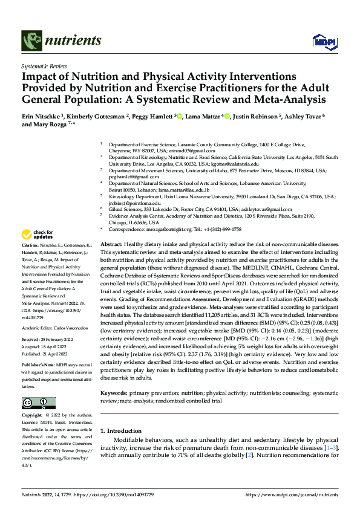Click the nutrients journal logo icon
[x=31, y=41]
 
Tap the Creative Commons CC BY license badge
[x=38, y=403]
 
